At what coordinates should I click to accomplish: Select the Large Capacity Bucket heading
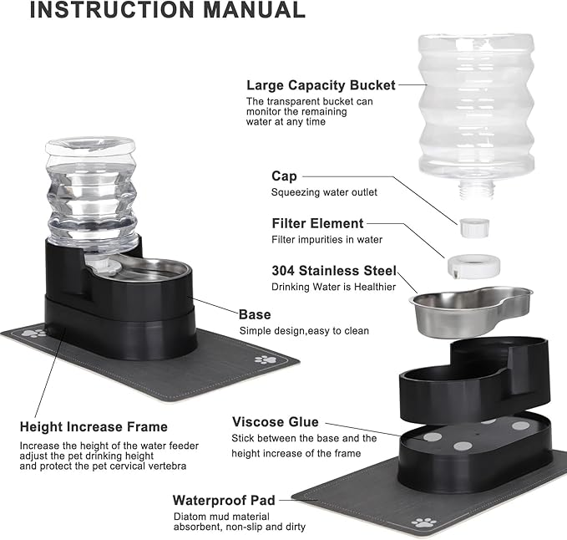pos(320,85)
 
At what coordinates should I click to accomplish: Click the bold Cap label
pos(284,176)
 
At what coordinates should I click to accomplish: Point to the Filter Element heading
pos(317,223)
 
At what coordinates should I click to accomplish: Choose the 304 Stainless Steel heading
pos(333,271)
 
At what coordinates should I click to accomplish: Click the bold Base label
pos(255,314)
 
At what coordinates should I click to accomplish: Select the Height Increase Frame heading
pos(94,427)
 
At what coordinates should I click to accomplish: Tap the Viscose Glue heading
pos(275,422)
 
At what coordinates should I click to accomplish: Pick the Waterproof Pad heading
pos(224,500)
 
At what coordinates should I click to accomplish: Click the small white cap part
pos(473,227)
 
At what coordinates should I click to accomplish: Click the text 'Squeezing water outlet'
pos(324,192)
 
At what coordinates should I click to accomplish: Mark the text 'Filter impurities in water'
pos(327,240)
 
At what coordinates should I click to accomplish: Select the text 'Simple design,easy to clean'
pos(304,331)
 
